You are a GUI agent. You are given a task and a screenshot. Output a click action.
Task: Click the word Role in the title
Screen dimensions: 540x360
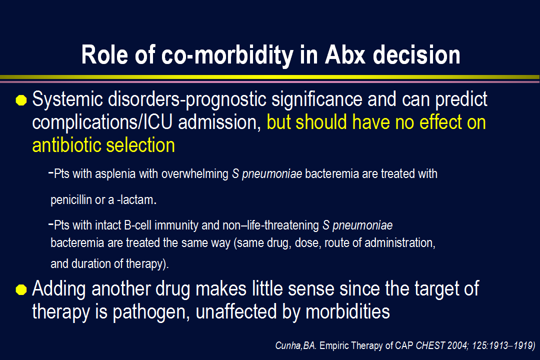pyautogui.click(x=104, y=55)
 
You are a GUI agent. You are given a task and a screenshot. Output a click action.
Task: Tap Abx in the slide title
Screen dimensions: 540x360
pyautogui.click(x=344, y=55)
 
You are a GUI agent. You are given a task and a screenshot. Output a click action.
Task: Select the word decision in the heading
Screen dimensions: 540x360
pyautogui.click(x=416, y=55)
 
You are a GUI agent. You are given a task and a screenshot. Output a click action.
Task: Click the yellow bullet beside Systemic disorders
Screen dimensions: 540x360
pyautogui.click(x=21, y=100)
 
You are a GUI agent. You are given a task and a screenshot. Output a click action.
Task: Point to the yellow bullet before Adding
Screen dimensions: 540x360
pyautogui.click(x=21, y=289)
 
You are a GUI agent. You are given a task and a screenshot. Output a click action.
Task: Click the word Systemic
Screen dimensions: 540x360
pyautogui.click(x=67, y=99)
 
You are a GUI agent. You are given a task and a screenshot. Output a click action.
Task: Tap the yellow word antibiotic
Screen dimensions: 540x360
pyautogui.click(x=66, y=145)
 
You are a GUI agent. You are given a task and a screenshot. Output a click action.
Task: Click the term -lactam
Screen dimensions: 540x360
pyautogui.click(x=136, y=200)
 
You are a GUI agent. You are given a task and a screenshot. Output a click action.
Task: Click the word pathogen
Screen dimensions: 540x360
pyautogui.click(x=151, y=312)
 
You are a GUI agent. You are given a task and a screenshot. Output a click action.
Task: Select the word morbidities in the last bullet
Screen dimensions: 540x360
pyautogui.click(x=347, y=312)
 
